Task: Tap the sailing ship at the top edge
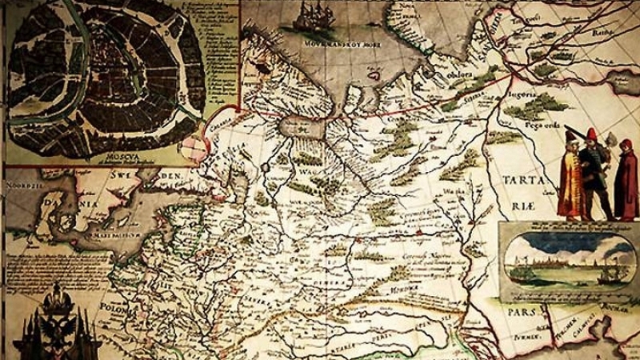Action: tap(314, 18)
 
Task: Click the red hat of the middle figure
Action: tap(590, 133)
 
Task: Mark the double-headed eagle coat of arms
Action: tap(56, 320)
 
